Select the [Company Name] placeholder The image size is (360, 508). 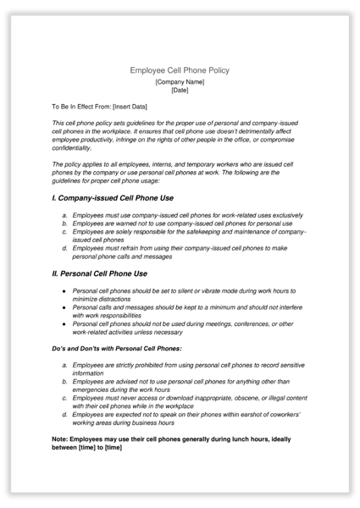click(180, 81)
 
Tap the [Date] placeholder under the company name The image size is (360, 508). click(180, 90)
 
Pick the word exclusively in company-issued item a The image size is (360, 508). click(277, 215)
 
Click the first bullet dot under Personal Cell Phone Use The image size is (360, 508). click(64, 290)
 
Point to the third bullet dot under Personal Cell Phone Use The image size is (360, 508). click(64, 323)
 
